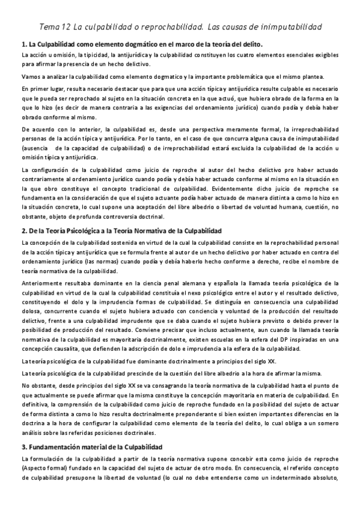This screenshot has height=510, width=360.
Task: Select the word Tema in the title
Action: coord(49,27)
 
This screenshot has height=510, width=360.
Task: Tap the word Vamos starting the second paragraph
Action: coord(31,76)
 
